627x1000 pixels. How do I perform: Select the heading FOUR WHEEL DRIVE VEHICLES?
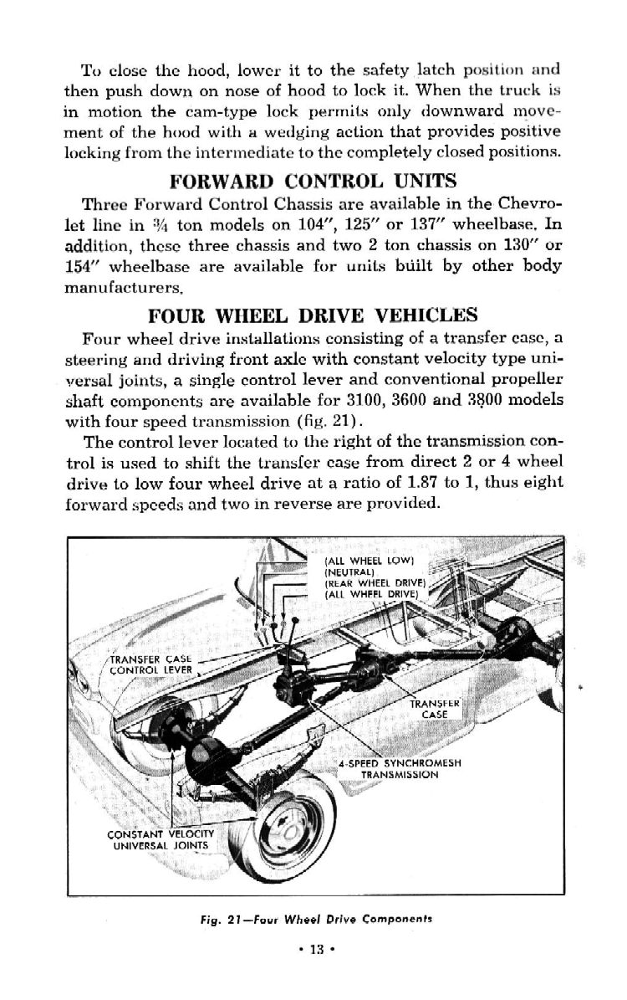click(313, 315)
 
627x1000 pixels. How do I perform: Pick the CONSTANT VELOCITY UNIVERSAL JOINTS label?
click(162, 839)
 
